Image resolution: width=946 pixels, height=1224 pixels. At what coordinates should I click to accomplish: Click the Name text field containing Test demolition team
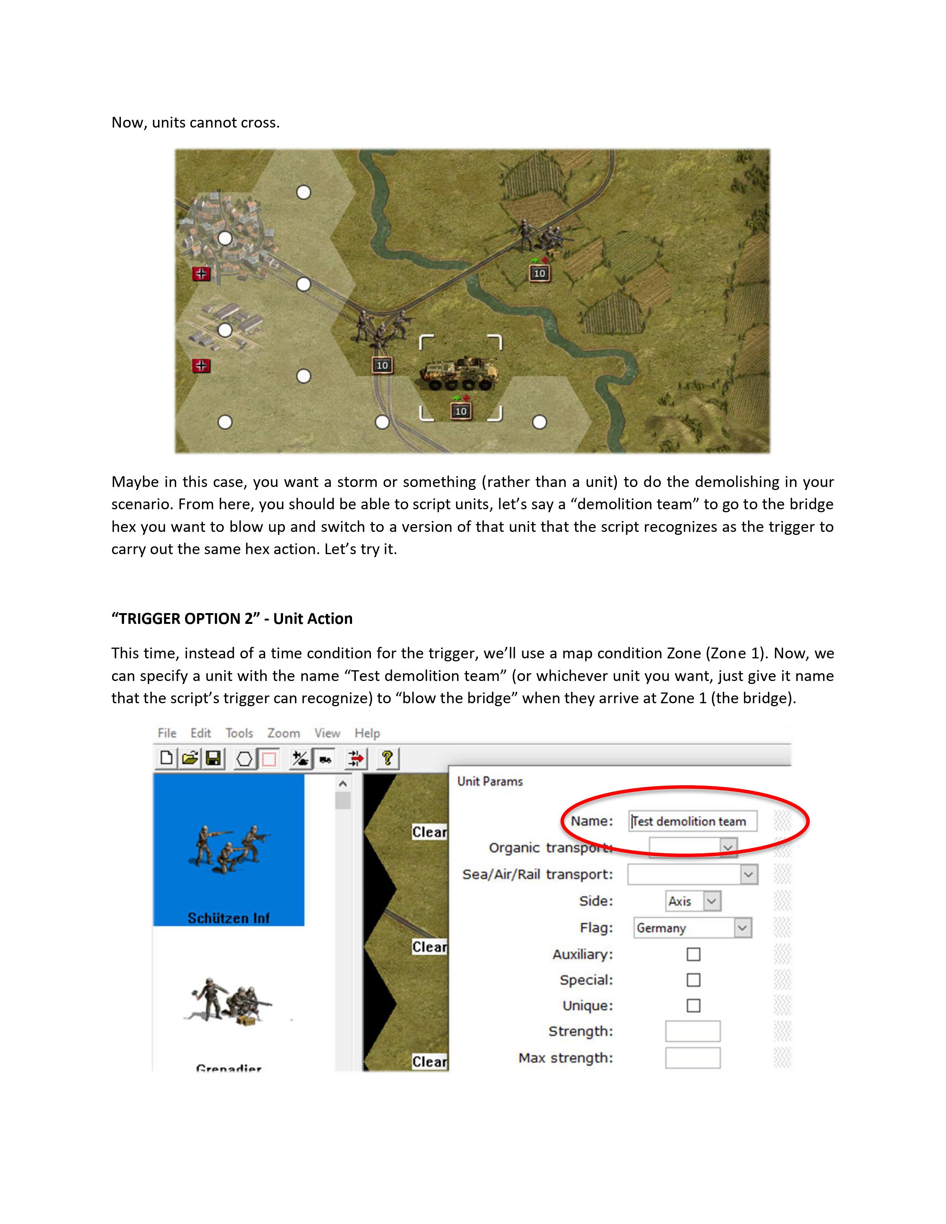692,821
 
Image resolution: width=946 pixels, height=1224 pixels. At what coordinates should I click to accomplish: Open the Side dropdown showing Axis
693,901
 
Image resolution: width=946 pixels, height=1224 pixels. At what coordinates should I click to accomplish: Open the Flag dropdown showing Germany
692,928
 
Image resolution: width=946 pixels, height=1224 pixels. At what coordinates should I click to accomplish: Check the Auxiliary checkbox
693,954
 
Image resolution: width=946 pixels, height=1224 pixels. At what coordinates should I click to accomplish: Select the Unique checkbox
693,1006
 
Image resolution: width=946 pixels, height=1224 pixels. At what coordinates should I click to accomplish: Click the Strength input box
693,1031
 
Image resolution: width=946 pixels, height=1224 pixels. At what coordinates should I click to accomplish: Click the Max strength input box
693,1058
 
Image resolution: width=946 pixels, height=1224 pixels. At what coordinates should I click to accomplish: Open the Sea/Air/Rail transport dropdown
693,874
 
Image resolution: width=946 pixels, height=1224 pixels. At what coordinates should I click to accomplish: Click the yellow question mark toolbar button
387,759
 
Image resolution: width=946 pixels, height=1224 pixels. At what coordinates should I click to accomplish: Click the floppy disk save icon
213,759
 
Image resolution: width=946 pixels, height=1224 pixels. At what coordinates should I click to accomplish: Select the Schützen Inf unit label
229,918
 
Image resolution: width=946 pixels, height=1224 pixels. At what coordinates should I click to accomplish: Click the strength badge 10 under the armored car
461,411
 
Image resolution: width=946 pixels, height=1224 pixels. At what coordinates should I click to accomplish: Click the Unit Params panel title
490,781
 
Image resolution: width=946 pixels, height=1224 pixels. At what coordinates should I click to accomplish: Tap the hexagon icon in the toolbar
244,759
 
